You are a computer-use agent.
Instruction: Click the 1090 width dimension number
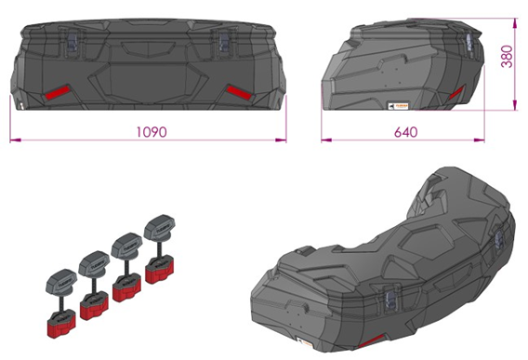pos(152,132)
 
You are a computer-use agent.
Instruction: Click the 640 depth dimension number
pos(406,132)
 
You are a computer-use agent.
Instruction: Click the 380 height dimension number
pos(508,57)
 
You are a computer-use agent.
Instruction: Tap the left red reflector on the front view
pos(57,93)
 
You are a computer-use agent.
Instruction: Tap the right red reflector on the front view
pos(239,92)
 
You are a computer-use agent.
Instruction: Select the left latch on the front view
pos(73,40)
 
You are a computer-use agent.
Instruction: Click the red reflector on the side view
pos(456,93)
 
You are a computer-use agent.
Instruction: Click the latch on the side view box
pos(470,43)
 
